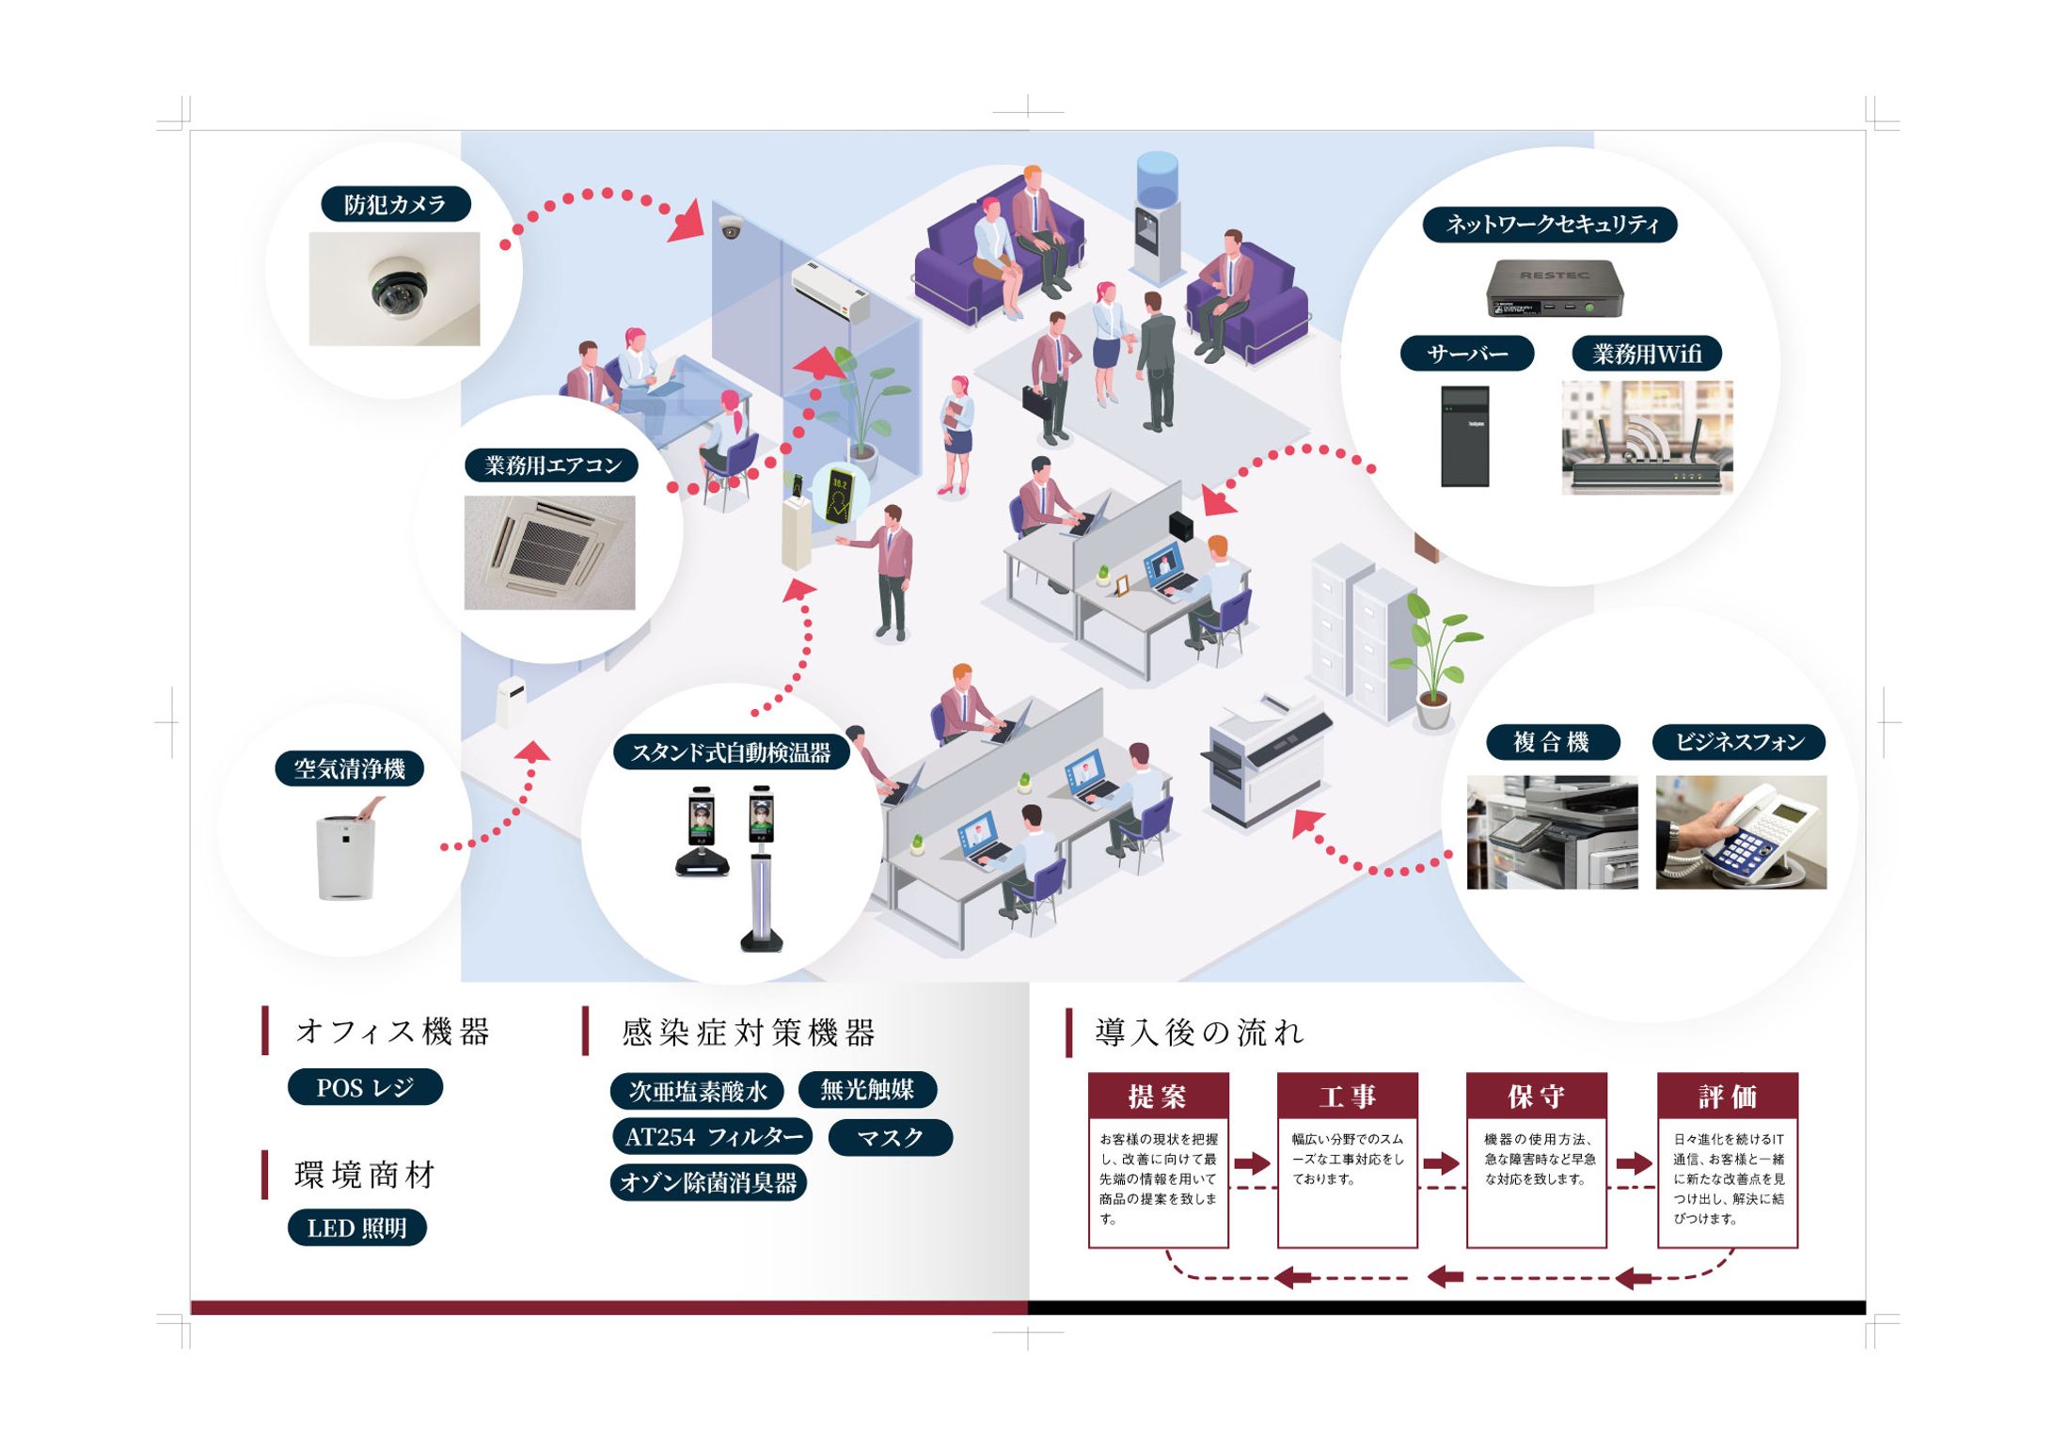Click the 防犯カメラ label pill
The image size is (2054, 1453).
tap(395, 204)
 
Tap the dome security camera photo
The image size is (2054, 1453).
tap(394, 289)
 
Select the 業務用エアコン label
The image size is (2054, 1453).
tap(551, 465)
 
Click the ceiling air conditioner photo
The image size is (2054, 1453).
tap(549, 552)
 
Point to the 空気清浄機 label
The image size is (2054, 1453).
tap(349, 768)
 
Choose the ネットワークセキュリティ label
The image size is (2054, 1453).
tap(1550, 225)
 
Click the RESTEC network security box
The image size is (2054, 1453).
tap(1555, 290)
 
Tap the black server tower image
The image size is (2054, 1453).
tap(1464, 435)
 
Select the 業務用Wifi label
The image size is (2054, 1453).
tap(1647, 354)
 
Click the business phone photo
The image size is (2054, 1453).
tap(1741, 831)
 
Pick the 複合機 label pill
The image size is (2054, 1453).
tap(1553, 742)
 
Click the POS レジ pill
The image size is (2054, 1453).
tap(365, 1087)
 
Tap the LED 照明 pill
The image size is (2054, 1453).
tap(357, 1227)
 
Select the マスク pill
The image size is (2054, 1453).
tap(890, 1137)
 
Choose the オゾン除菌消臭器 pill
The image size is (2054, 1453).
tap(708, 1182)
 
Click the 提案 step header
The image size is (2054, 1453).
tap(1159, 1096)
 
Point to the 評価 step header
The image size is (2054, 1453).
tap(1727, 1096)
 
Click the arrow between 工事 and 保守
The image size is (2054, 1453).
tap(1441, 1163)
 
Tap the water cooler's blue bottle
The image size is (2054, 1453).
tap(1157, 178)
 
